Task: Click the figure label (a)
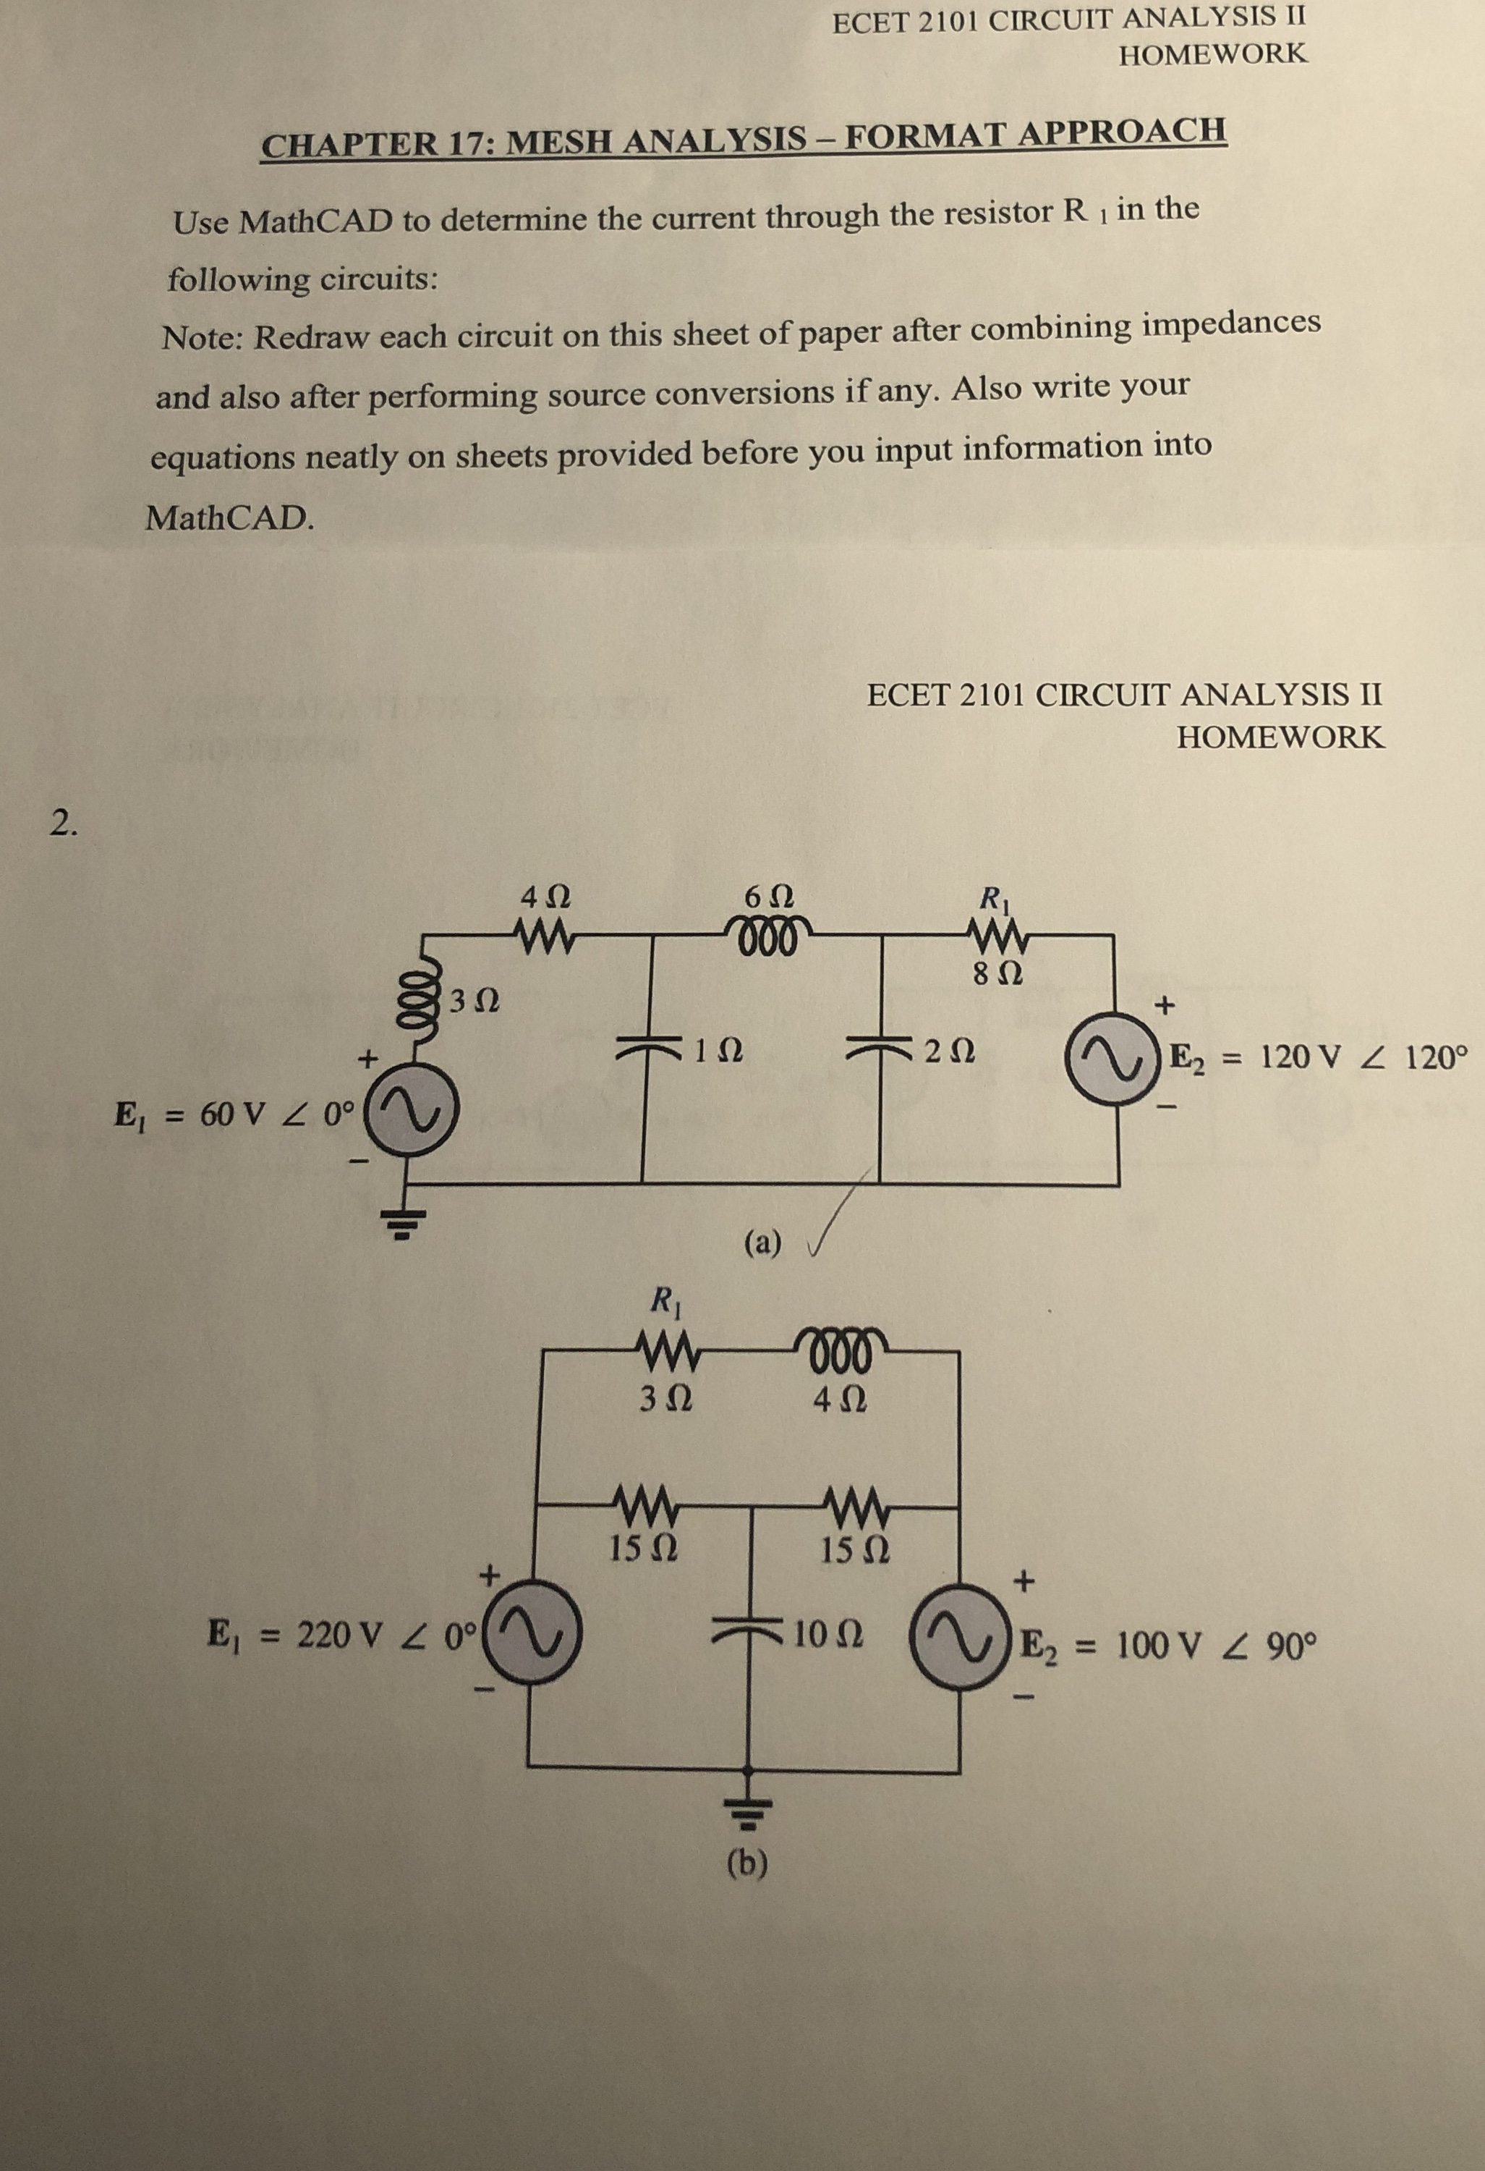coord(763,1243)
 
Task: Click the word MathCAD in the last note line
coord(229,517)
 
